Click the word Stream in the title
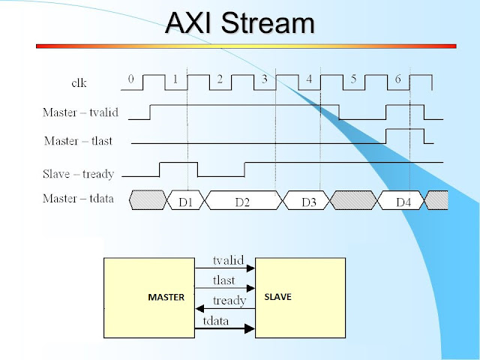[268, 23]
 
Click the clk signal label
[79, 82]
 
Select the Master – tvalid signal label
[80, 112]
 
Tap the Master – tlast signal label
[78, 141]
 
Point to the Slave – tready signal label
[78, 174]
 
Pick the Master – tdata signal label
[78, 198]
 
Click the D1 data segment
[186, 200]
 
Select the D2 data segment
[242, 200]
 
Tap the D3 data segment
[307, 200]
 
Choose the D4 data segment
[402, 200]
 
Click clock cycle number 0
[131, 79]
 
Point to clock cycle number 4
[309, 79]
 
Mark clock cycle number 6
[398, 79]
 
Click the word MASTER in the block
[166, 297]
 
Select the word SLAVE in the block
[278, 297]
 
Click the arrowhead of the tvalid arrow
[250, 268]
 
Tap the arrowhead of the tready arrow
[199, 308]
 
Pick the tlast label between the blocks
[223, 280]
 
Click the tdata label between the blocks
[215, 320]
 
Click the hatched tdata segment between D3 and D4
[354, 200]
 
